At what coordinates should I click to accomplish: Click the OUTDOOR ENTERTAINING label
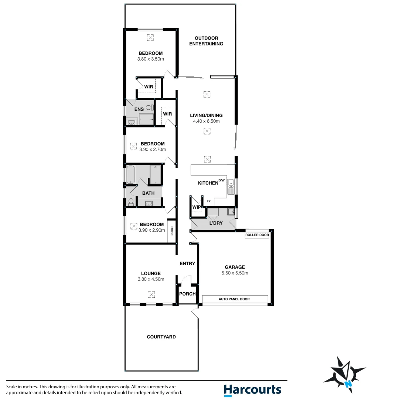[x=206, y=41]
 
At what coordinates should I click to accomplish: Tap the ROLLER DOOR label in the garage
[x=257, y=235]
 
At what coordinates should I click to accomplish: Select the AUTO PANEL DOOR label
[x=235, y=299]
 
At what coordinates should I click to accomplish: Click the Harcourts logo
[x=252, y=390]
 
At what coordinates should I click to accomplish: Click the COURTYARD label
[x=161, y=337]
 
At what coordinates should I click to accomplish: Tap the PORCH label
[x=187, y=294]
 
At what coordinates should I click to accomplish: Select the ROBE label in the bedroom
[x=172, y=231]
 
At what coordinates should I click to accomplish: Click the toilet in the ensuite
[x=149, y=108]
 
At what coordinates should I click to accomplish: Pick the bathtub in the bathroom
[x=131, y=174]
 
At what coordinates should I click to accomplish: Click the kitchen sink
[x=231, y=187]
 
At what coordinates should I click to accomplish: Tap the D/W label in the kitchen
[x=221, y=180]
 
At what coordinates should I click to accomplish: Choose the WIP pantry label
[x=197, y=207]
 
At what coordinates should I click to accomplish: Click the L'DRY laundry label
[x=216, y=223]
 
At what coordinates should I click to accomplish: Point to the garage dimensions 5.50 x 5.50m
[x=235, y=273]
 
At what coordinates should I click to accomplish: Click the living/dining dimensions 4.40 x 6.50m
[x=207, y=121]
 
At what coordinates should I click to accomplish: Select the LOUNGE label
[x=150, y=273]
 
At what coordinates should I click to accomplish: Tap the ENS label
[x=139, y=109]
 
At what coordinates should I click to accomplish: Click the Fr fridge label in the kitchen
[x=209, y=201]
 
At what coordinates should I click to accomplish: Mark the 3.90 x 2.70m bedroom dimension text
[x=153, y=150]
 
